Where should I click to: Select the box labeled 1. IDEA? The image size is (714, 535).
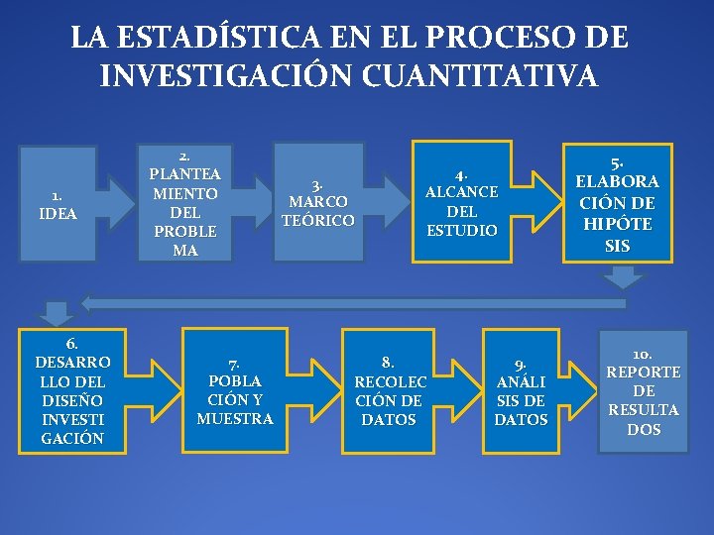tap(59, 204)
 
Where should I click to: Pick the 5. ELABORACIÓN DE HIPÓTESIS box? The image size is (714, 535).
tap(617, 204)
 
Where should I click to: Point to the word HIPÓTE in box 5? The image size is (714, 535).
tap(617, 224)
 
